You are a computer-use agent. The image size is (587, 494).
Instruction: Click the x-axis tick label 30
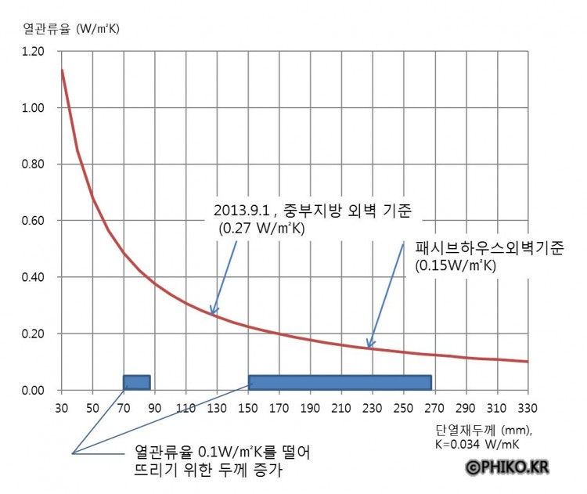click(61, 407)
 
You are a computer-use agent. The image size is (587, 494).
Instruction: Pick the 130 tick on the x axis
click(217, 407)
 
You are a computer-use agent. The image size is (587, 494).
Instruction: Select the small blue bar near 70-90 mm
click(136, 382)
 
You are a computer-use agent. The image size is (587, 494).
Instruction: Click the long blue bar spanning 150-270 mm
click(340, 382)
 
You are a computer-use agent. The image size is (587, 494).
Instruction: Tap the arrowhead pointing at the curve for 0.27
click(211, 312)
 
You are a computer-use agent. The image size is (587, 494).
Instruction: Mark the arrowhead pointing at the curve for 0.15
click(369, 345)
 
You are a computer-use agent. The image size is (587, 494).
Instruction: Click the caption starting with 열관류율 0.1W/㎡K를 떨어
click(223, 453)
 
